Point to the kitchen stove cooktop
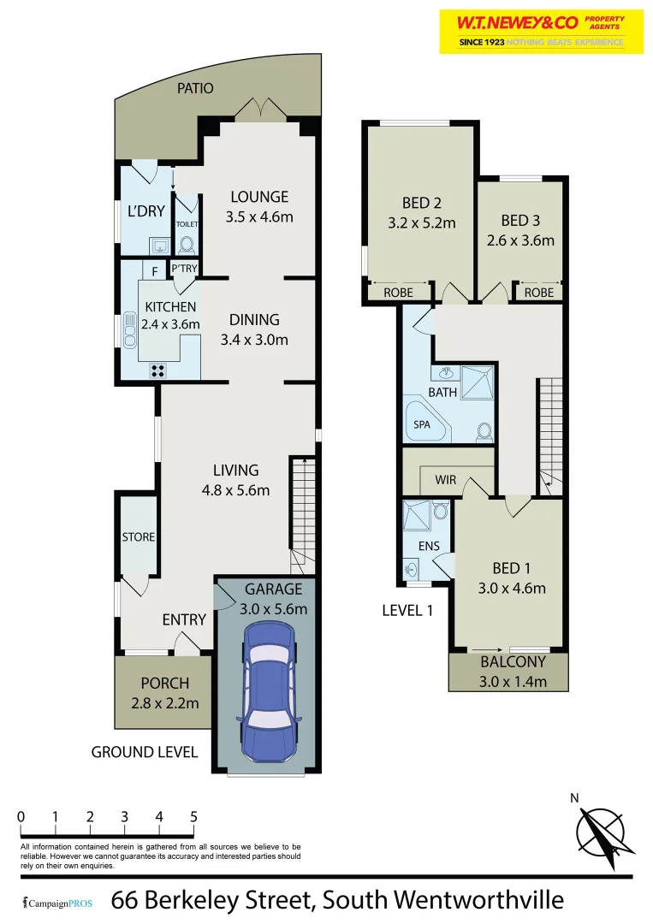click(158, 370)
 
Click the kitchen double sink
click(129, 329)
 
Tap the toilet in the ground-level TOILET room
click(187, 243)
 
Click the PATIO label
click(195, 88)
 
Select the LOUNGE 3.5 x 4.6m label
click(259, 206)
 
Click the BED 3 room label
click(527, 230)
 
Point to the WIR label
click(446, 480)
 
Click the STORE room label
click(139, 537)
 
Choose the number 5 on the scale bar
click(194, 816)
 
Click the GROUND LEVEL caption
click(145, 752)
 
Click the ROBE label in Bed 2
click(398, 293)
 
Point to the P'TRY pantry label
click(184, 269)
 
